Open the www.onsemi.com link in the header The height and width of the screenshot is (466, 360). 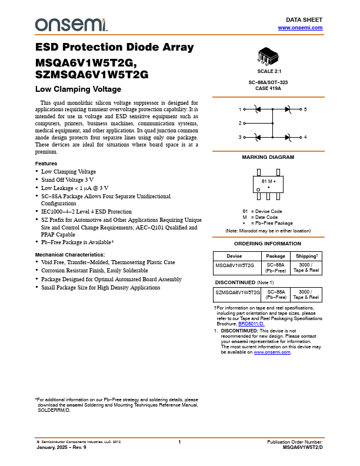point(300,28)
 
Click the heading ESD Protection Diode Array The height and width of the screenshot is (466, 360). point(114,48)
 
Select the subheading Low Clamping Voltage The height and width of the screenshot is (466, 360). point(78,89)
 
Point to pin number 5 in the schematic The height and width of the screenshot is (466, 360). point(305,109)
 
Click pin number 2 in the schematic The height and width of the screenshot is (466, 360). point(240,124)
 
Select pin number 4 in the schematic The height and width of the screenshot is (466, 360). point(305,137)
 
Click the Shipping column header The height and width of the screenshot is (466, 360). point(306,256)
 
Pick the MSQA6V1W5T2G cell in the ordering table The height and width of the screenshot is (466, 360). point(235,265)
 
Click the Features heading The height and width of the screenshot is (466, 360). point(46,163)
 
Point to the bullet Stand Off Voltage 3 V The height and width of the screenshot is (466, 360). point(68,179)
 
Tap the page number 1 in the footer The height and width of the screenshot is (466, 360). point(179,441)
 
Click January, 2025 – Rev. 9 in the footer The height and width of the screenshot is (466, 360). point(61,447)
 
